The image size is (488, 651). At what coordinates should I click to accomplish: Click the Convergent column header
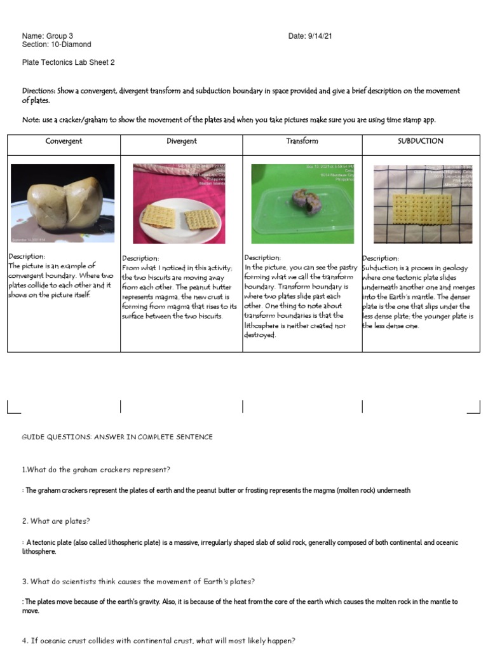click(64, 141)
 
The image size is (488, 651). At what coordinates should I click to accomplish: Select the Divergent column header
click(182, 141)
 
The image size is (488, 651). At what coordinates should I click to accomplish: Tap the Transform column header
click(302, 141)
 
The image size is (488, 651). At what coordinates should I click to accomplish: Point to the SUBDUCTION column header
click(420, 141)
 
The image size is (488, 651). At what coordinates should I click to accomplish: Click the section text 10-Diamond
click(70, 45)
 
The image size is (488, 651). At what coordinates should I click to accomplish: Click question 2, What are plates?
click(56, 521)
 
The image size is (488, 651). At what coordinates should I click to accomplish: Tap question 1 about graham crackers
click(96, 469)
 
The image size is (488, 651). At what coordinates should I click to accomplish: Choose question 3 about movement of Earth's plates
click(139, 582)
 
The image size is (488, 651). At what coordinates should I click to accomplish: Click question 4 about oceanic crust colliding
click(159, 640)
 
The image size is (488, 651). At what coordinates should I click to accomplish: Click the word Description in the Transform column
click(262, 257)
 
